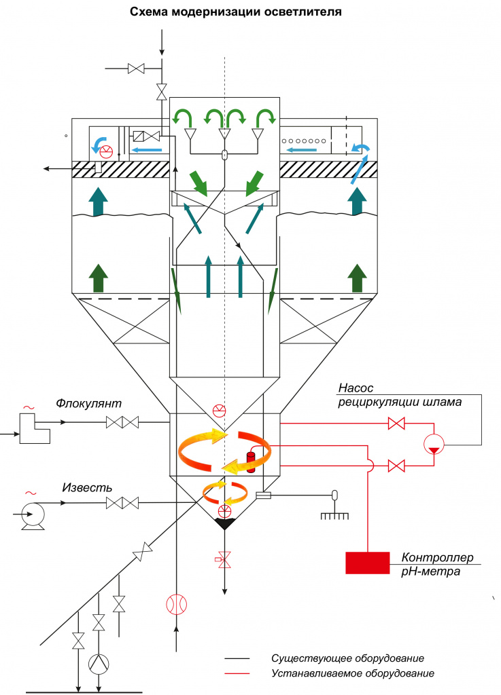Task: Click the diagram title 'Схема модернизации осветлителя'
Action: coord(236,12)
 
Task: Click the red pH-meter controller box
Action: coord(368,563)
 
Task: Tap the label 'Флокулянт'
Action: coord(89,404)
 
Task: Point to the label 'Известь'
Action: coord(87,487)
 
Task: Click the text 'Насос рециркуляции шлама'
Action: coord(400,395)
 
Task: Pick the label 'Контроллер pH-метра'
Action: coord(437,564)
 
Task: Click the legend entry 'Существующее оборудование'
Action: coord(347,658)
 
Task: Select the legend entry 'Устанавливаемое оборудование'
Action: coord(353,674)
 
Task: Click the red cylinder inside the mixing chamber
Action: coord(251,462)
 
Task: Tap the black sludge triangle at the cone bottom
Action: coord(224,523)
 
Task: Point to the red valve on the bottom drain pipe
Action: coord(224,560)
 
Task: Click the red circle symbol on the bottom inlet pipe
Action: coord(177,603)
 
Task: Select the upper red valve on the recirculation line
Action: coord(396,424)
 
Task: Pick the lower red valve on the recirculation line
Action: coord(396,466)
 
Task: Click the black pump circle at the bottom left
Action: coord(99,664)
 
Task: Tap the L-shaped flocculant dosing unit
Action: coord(35,428)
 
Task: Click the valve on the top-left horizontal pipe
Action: coord(135,69)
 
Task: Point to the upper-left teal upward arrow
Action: coord(98,202)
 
